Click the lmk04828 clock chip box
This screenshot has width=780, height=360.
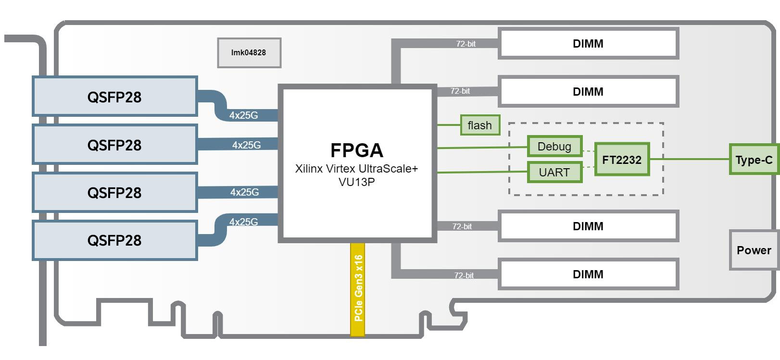click(x=249, y=52)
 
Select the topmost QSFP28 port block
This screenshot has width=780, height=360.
click(x=115, y=97)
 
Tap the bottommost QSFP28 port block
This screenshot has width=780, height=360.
click(x=115, y=240)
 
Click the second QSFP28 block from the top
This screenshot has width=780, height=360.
click(x=115, y=145)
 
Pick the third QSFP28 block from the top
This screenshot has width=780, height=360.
click(x=115, y=193)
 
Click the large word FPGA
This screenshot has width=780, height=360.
click(x=356, y=150)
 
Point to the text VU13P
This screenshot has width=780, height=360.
click(x=356, y=182)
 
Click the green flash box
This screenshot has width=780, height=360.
click(x=480, y=125)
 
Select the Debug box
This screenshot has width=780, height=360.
click(x=555, y=146)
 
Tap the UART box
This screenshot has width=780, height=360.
click(x=555, y=172)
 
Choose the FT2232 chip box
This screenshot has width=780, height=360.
click(x=622, y=160)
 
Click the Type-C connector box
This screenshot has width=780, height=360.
click(x=754, y=160)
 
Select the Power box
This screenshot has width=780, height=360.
click(x=754, y=250)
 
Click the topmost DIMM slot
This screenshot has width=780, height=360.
click(x=589, y=44)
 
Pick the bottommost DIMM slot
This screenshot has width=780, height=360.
click(x=589, y=274)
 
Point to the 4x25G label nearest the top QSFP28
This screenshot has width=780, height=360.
click(x=243, y=115)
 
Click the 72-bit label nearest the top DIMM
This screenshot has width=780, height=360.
click(x=465, y=44)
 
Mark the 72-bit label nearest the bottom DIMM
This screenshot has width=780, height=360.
click(x=464, y=275)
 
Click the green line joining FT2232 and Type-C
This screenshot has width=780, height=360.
click(x=690, y=159)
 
